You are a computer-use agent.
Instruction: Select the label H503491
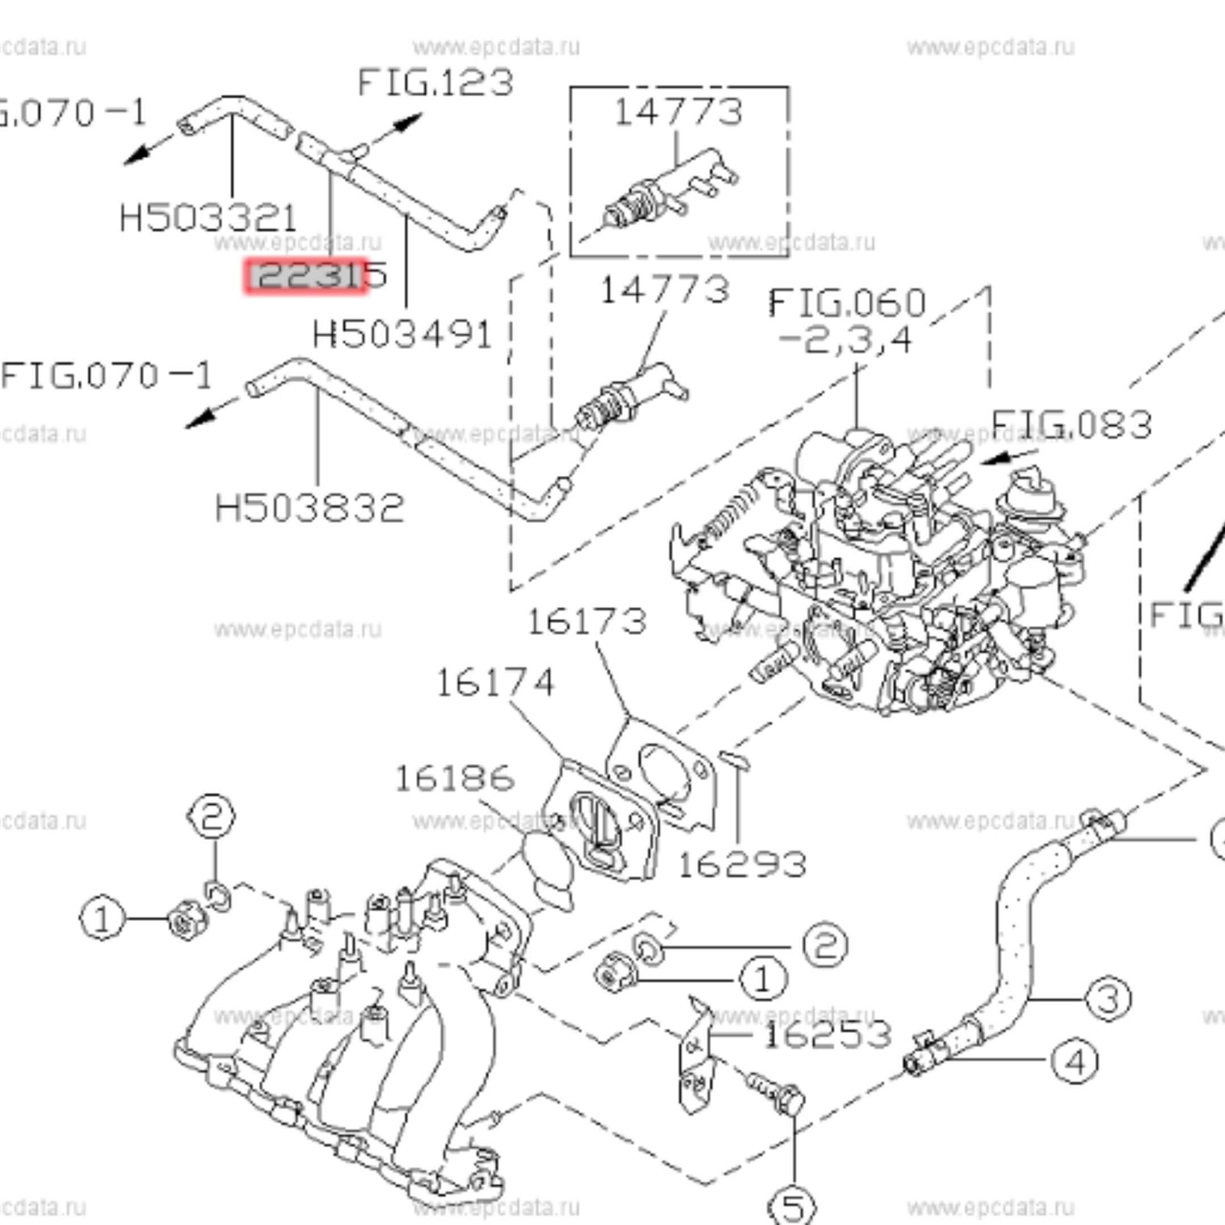point(402,334)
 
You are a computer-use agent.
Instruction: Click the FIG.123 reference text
point(435,83)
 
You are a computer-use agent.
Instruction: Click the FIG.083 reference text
point(1070,425)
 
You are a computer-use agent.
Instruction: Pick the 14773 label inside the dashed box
point(678,112)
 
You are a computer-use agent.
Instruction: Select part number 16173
point(586,622)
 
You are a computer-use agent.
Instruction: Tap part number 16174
point(495,683)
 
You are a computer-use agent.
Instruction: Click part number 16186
point(454,779)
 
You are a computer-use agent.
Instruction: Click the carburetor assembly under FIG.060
point(888,571)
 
